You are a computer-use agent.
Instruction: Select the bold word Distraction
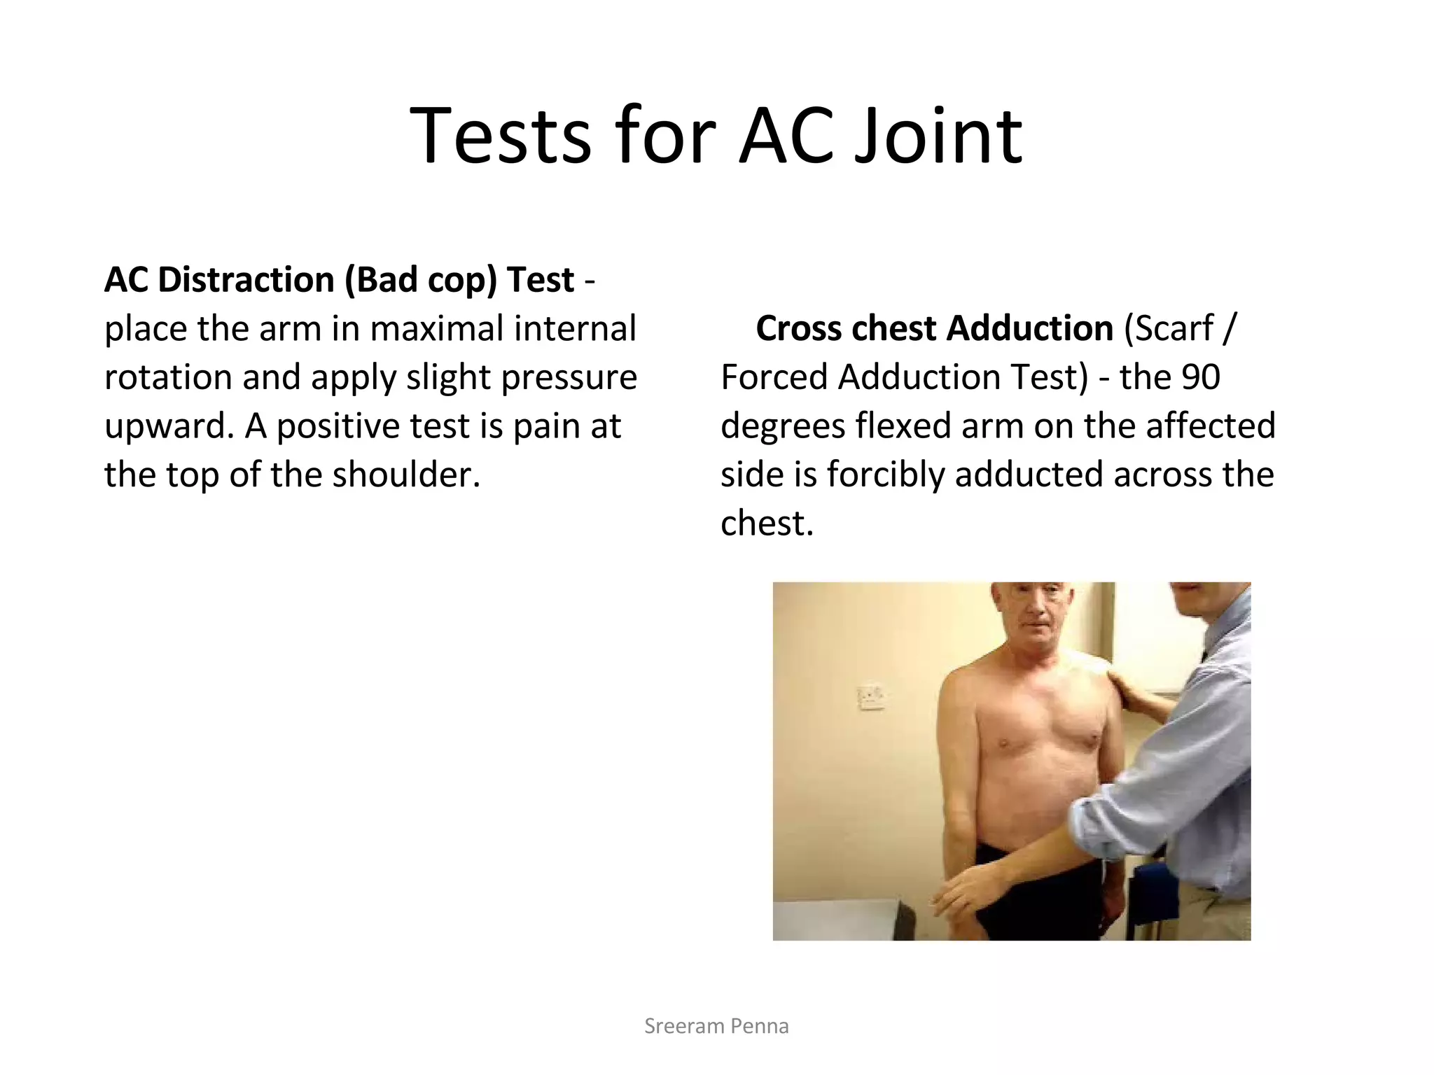(245, 280)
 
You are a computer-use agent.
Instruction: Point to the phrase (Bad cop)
(420, 280)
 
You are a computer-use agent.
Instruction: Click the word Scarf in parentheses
(1174, 329)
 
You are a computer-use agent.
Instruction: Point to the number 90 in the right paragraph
(1200, 377)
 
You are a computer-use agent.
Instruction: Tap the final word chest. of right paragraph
(767, 524)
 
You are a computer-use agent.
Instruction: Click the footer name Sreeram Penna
(716, 1026)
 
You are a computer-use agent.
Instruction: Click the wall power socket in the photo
(870, 697)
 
